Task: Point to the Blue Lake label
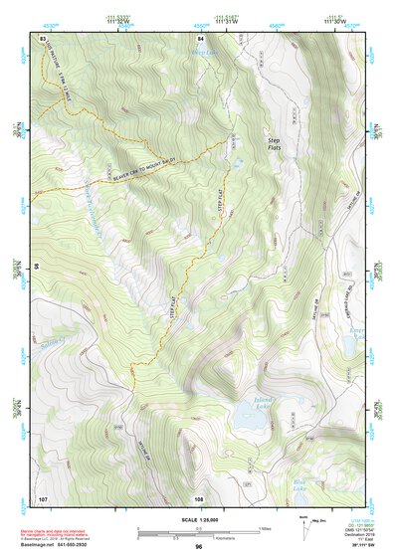pyautogui.click(x=300, y=484)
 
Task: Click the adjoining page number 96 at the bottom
pyautogui.click(x=199, y=546)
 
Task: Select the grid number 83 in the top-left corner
pyautogui.click(x=43, y=37)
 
